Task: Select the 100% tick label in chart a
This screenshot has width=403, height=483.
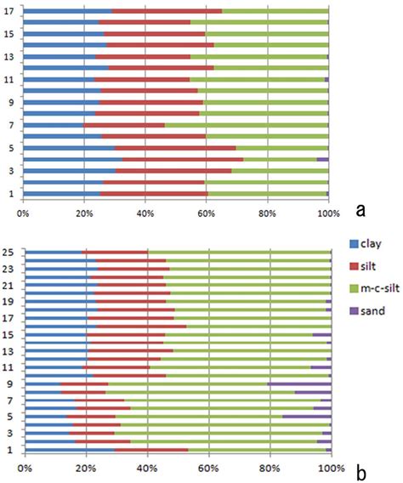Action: [328, 211]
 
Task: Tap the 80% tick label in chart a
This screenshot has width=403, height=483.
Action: [268, 211]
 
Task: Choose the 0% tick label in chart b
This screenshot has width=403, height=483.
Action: [25, 468]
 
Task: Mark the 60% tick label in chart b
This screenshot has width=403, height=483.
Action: [208, 468]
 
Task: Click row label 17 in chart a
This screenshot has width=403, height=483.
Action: [9, 11]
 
